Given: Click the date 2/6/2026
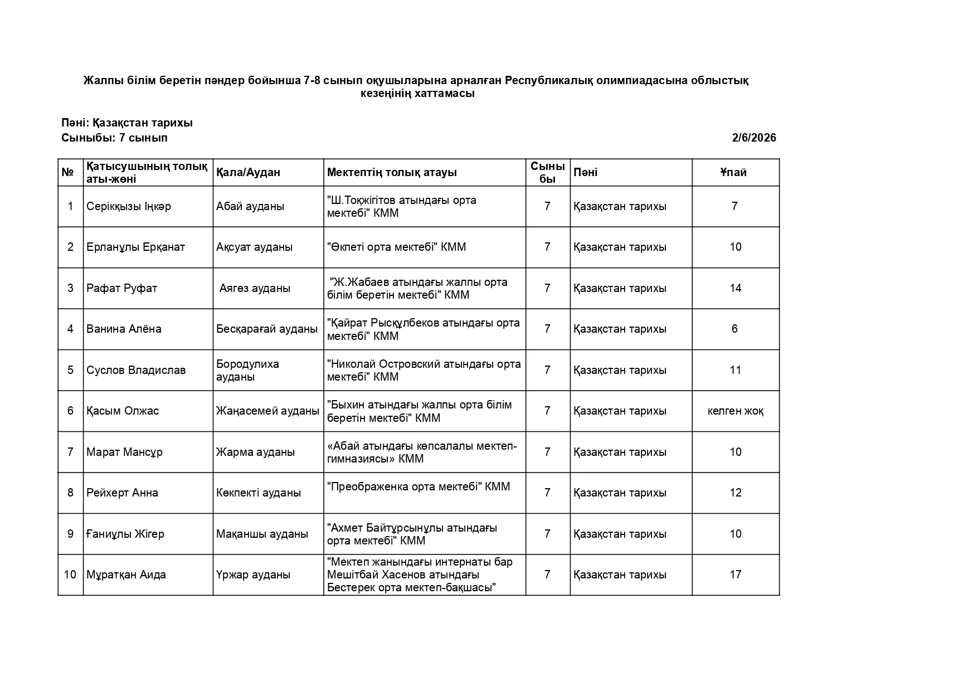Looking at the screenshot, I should pos(753,138).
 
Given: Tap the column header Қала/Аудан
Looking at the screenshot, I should pos(248,172).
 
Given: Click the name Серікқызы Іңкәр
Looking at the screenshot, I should pos(129,206).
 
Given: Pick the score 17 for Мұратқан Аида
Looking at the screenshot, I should pos(736,575).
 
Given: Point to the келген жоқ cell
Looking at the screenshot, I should pos(736,411).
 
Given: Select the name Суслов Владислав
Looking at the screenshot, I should pos(136,370).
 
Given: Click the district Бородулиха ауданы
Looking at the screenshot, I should pos(247,370).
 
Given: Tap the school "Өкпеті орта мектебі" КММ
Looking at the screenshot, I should pos(396,247).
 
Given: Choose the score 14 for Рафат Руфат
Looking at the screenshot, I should pos(736,288).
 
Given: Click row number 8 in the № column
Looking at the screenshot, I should pos(70,493).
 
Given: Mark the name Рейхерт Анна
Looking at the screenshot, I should pos(122,493).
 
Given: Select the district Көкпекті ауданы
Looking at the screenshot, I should pos(259,493).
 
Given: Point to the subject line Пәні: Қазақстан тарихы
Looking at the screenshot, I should pos(127,123).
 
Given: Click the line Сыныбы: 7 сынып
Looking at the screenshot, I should pos(114,138).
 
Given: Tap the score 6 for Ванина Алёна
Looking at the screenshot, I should pos(734,329).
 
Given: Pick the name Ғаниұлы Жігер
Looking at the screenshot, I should pos(125,534).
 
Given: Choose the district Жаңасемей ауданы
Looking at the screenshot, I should pos(267,411).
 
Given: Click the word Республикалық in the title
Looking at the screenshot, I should pos(549,80).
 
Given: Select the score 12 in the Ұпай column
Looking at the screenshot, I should pos(736,493).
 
